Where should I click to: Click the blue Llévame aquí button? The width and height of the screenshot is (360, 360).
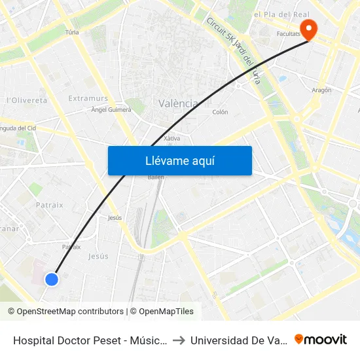point(179,160)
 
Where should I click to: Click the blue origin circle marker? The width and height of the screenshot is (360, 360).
point(52,279)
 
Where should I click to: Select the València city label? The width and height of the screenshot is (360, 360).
point(178,103)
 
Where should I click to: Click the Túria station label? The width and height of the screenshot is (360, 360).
point(72,31)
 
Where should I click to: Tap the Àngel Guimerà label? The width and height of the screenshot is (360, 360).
point(111,110)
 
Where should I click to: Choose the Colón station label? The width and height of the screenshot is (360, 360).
point(220,112)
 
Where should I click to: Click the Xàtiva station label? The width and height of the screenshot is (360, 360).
point(171,138)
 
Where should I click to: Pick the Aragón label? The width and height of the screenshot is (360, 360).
point(321,90)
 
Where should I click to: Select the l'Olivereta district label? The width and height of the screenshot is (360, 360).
point(26,100)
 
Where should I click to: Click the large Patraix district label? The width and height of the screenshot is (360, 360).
point(50,205)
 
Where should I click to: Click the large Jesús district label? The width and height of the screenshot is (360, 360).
point(98,256)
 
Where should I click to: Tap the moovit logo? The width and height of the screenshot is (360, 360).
point(321,339)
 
